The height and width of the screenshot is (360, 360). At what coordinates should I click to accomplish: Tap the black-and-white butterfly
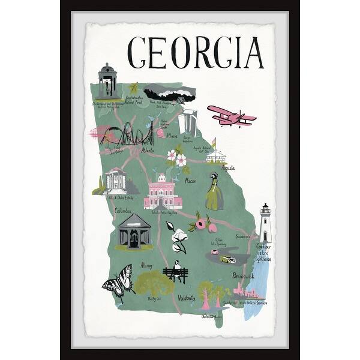coord(119,283)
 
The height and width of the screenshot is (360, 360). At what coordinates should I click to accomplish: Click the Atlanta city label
coord(148,151)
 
